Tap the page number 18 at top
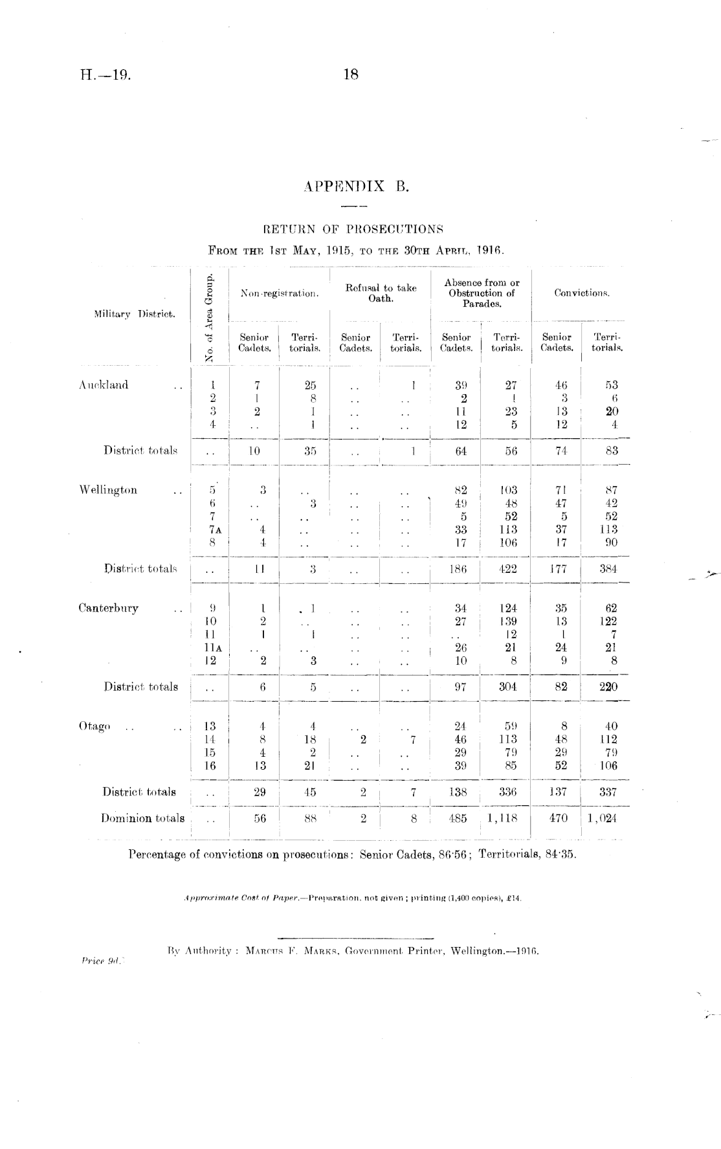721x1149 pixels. (351, 74)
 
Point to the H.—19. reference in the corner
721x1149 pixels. (106, 74)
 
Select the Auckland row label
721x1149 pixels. (104, 385)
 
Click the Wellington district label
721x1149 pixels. (108, 490)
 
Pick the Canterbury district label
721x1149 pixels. (108, 608)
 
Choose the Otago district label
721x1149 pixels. (94, 726)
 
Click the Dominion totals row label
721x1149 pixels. (142, 818)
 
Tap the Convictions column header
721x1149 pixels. (582, 293)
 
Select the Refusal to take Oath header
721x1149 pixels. (381, 293)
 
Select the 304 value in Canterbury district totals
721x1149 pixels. (507, 687)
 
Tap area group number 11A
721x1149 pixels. (210, 647)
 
